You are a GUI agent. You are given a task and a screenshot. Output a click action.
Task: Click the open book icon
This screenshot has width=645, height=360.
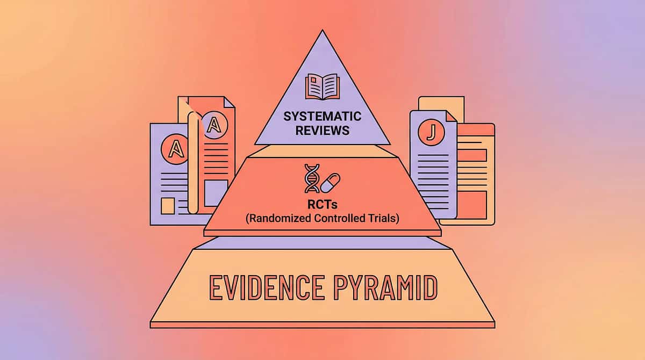[x=322, y=87]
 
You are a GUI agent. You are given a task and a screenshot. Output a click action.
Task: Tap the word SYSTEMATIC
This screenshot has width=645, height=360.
[x=322, y=117]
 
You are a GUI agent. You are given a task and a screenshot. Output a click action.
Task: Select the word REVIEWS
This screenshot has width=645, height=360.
[x=322, y=130]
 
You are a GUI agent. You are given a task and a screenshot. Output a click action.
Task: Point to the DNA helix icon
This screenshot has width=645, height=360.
[x=311, y=178]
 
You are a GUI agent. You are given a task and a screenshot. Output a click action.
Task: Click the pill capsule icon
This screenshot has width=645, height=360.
[x=331, y=183]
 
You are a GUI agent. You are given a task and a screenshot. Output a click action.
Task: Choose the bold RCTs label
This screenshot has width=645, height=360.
[x=322, y=205]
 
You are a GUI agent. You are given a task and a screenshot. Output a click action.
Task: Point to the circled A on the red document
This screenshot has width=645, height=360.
[x=214, y=125]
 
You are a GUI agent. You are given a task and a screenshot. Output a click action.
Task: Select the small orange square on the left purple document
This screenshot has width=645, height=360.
[x=168, y=206]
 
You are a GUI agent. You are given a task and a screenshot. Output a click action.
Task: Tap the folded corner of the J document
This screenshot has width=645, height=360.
[x=450, y=116]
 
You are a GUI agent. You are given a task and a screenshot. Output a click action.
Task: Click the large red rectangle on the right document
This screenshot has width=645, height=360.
[x=472, y=205]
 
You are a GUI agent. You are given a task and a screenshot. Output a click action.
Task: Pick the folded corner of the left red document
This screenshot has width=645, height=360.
[x=230, y=102]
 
